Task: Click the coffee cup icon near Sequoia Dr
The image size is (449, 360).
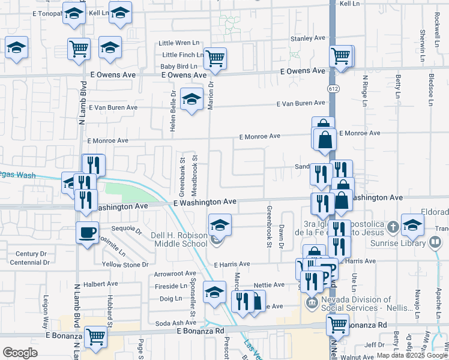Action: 88,232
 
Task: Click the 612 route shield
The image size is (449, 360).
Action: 332,88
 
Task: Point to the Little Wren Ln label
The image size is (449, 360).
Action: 178,43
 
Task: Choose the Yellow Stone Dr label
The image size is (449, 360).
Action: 125,265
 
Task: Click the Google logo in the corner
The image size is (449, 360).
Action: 20,353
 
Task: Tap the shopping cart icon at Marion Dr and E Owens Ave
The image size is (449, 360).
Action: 214,58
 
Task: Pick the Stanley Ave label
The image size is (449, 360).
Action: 307,38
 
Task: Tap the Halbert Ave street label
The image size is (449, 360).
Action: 101,283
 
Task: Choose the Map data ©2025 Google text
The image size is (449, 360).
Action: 412,355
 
